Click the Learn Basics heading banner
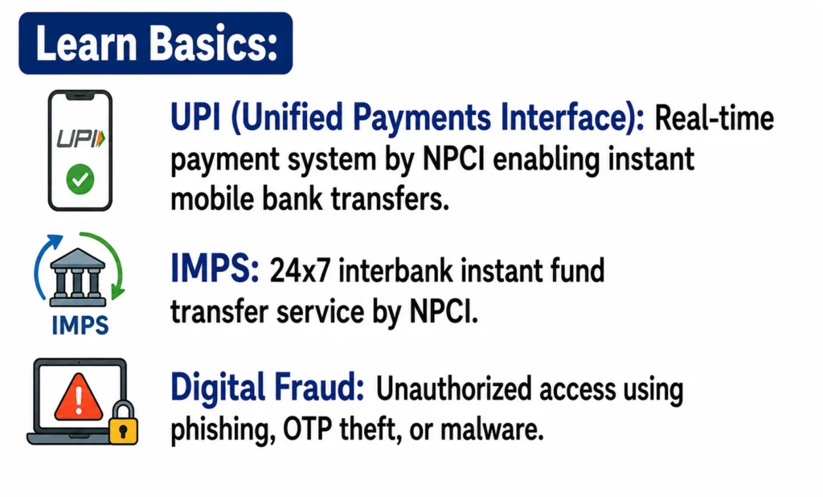(155, 43)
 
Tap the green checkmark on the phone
(80, 179)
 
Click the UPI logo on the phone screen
(81, 138)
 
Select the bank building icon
(78, 277)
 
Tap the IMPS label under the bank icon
(80, 325)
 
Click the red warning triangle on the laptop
(79, 398)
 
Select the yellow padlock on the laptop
(123, 424)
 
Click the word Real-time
(714, 118)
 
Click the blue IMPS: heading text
(215, 269)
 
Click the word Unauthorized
(452, 389)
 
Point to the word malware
(492, 429)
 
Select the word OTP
(308, 429)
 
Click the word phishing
(223, 431)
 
